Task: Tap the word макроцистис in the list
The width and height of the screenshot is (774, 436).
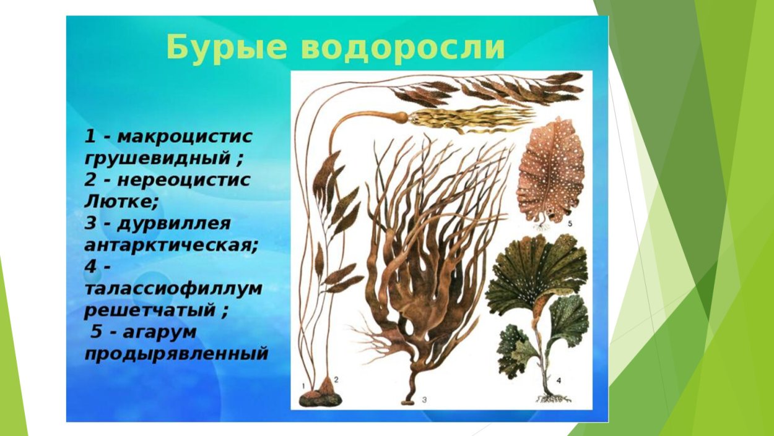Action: tap(184, 136)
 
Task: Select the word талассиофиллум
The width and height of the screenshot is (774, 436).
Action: tap(173, 288)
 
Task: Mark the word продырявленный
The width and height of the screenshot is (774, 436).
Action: tap(176, 353)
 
